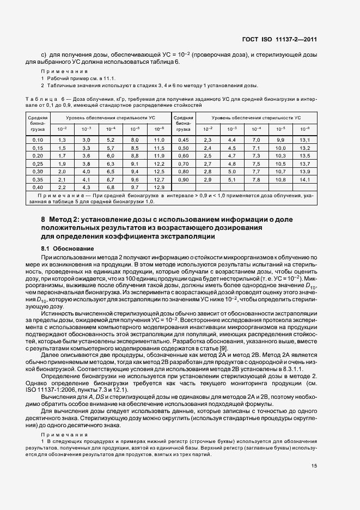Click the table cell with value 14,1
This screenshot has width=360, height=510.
coord(305,179)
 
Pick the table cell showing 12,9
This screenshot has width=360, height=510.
coord(159,187)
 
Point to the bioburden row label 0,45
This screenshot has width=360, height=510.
coord(184,141)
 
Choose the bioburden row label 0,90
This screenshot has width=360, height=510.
coord(184,179)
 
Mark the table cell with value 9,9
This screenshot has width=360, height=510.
coord(280,141)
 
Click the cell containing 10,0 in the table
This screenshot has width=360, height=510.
coord(280,148)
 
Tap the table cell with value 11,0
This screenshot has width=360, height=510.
coord(159,141)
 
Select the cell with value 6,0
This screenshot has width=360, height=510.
coord(111,156)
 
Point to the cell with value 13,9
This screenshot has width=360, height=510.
coord(305,172)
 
